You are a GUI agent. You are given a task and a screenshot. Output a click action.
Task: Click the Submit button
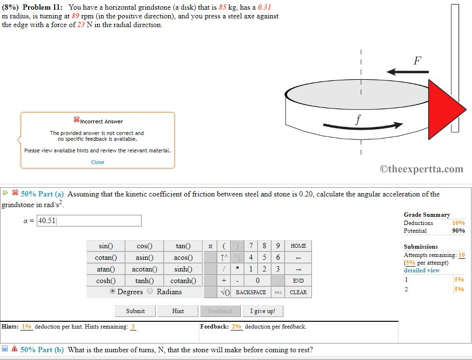coord(135,311)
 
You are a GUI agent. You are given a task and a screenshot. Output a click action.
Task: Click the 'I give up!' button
coord(263,311)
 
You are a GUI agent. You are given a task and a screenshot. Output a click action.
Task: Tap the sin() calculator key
coord(105,246)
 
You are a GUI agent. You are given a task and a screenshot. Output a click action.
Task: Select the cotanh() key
coord(183,281)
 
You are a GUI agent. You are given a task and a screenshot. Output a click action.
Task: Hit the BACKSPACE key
coord(251,292)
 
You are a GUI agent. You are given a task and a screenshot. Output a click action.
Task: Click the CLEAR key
coord(298,292)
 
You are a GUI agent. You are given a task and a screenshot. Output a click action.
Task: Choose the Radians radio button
coord(150,291)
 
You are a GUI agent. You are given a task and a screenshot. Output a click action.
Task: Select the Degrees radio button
coord(113,291)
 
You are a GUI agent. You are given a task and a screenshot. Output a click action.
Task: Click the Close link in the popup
coord(98,162)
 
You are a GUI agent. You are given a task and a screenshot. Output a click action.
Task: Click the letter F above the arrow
coord(417,61)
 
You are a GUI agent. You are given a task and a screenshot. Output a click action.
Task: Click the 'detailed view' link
coord(422,270)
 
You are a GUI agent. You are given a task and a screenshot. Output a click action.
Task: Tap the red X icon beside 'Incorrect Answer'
coord(76,120)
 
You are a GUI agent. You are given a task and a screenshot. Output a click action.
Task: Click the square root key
coord(224,292)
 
